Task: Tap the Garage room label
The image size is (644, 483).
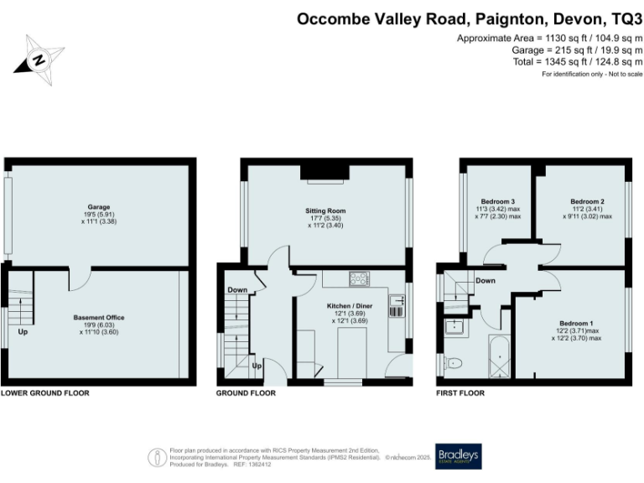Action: [x=99, y=207]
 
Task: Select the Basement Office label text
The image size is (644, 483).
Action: [x=99, y=318]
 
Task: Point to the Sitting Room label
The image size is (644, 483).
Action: [x=325, y=210]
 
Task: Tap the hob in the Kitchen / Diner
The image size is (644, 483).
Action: [x=359, y=279]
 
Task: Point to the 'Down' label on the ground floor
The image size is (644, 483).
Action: [x=236, y=291]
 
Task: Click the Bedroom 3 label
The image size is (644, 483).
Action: [x=498, y=201]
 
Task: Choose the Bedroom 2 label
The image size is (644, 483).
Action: [x=587, y=201]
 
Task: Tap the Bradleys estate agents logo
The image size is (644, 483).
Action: [x=457, y=454]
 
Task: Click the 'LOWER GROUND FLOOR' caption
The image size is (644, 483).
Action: [x=44, y=392]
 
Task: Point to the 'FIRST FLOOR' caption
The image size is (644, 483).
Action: [x=461, y=392]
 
